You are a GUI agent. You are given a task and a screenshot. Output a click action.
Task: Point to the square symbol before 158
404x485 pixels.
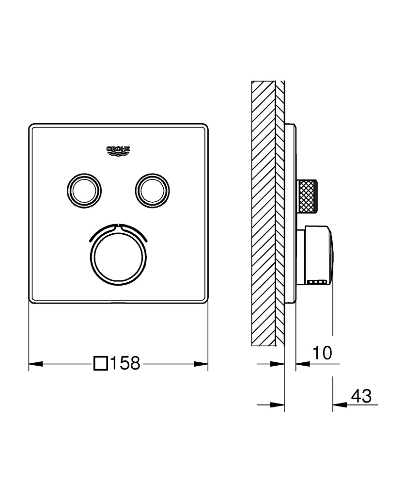(101, 363)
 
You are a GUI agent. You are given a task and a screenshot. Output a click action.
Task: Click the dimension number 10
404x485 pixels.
(322, 353)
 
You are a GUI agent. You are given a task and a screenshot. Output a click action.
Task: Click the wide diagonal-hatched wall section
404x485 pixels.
(263, 213)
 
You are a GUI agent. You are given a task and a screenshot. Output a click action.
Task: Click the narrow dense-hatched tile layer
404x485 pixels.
(280, 213)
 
